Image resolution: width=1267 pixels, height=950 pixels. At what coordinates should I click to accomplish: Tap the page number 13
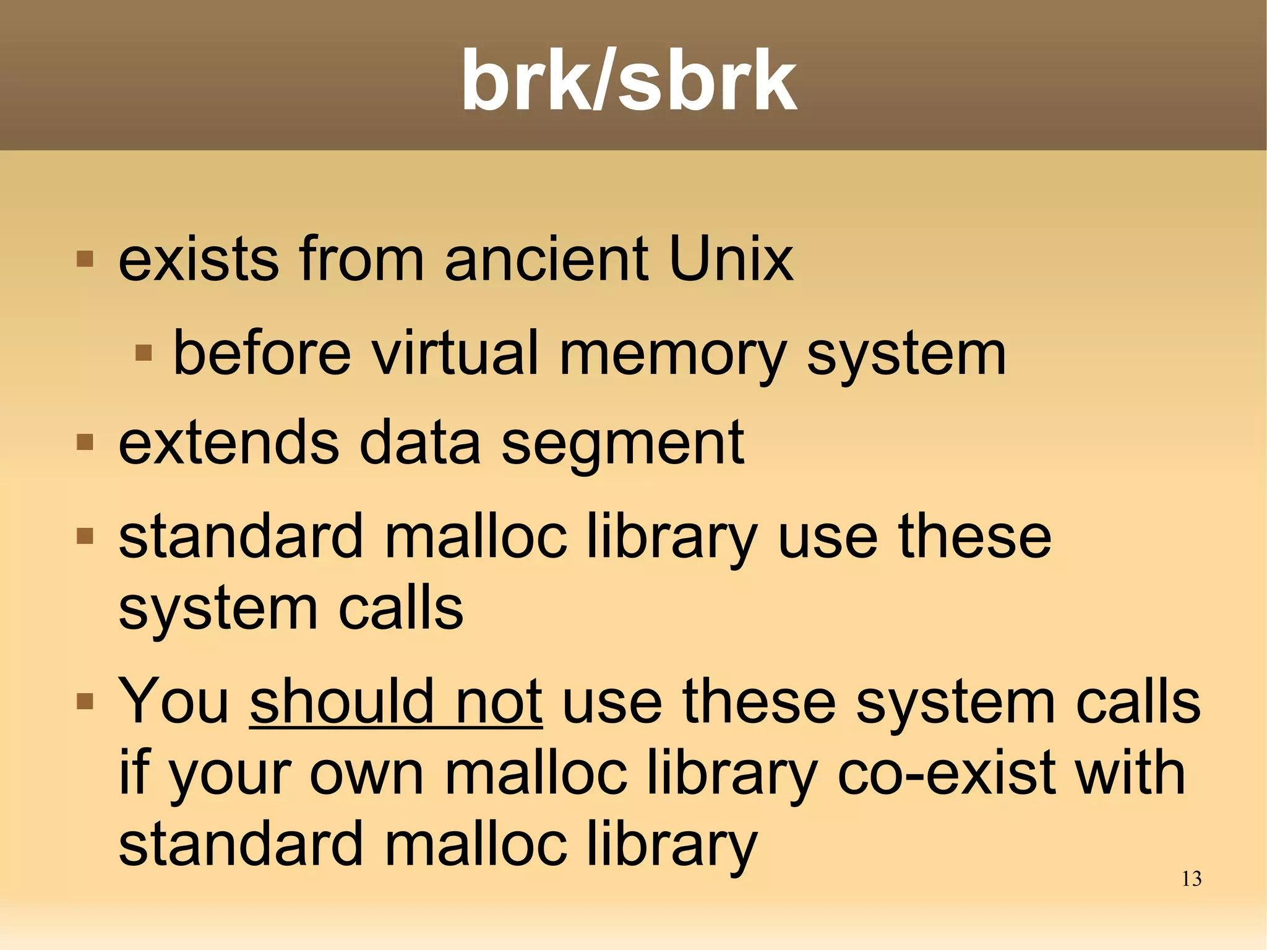pos(1191,879)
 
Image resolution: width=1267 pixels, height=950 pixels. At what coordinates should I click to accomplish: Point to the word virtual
pos(455,353)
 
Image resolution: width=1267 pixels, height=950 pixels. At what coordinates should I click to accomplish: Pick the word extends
pos(228,443)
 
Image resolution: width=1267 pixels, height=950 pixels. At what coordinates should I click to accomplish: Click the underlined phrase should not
pos(396,702)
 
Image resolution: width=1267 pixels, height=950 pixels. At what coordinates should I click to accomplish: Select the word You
pos(174,702)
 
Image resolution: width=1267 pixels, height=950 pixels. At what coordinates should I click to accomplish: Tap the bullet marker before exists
pos(85,259)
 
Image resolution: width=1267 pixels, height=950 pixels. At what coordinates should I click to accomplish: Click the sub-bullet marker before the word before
pos(144,353)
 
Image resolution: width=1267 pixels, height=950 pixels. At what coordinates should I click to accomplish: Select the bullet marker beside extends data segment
pos(85,443)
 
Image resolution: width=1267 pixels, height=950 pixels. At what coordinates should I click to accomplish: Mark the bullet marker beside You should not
pos(85,701)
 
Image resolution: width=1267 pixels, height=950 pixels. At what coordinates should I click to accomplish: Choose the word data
pos(420,443)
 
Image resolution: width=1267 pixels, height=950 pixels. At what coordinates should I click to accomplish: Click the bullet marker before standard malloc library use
pos(85,535)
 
